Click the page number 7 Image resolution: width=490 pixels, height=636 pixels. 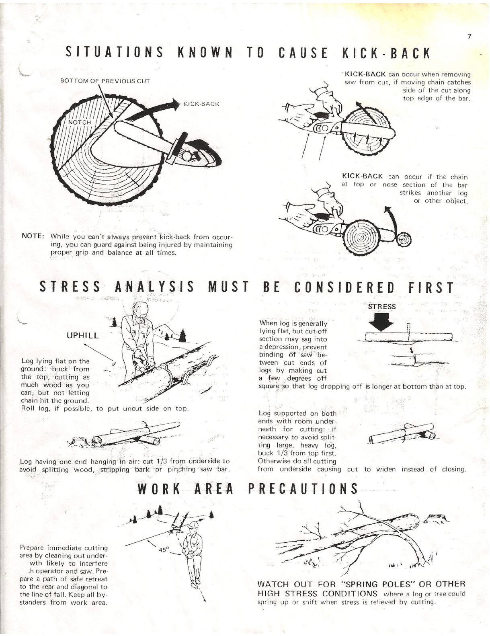click(469, 37)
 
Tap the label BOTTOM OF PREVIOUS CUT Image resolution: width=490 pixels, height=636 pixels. click(105, 81)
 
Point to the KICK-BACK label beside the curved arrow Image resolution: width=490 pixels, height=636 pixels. click(201, 104)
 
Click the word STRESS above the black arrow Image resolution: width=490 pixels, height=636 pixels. click(382, 306)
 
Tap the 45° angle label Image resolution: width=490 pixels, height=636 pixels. click(164, 549)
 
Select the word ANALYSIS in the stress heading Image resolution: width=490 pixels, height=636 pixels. click(154, 287)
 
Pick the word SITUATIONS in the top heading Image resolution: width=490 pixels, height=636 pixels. click(114, 53)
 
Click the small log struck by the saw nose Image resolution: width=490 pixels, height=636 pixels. click(403, 240)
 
